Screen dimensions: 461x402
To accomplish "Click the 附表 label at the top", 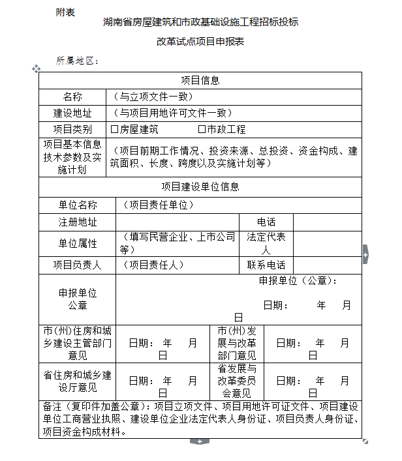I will click(65, 12).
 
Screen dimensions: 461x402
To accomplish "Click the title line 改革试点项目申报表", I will click(200, 41).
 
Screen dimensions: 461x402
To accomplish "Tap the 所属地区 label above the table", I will click(76, 61).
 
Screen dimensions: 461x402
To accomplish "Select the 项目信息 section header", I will click(200, 80).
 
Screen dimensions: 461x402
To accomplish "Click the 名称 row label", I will click(72, 97).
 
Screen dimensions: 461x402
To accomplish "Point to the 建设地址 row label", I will click(72, 113).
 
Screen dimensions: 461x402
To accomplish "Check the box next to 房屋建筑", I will click(114, 130).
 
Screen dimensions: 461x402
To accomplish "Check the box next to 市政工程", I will click(202, 130).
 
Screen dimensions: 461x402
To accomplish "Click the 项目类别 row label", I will click(72, 129).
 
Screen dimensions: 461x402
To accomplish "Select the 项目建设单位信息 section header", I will click(200, 186).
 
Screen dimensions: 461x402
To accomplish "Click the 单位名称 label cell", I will click(78, 205).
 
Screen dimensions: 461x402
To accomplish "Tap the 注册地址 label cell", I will click(78, 222).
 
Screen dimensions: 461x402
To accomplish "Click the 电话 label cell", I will click(266, 222).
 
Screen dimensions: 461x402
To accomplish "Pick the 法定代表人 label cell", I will click(266, 243).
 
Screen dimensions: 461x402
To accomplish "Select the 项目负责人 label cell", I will click(78, 265).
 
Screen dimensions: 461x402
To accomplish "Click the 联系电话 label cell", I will click(266, 265).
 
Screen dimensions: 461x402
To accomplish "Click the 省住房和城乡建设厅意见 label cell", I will click(78, 381).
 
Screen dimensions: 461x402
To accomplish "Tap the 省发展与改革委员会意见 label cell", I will click(237, 381).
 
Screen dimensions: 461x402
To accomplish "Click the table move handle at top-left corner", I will click(37, 68).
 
